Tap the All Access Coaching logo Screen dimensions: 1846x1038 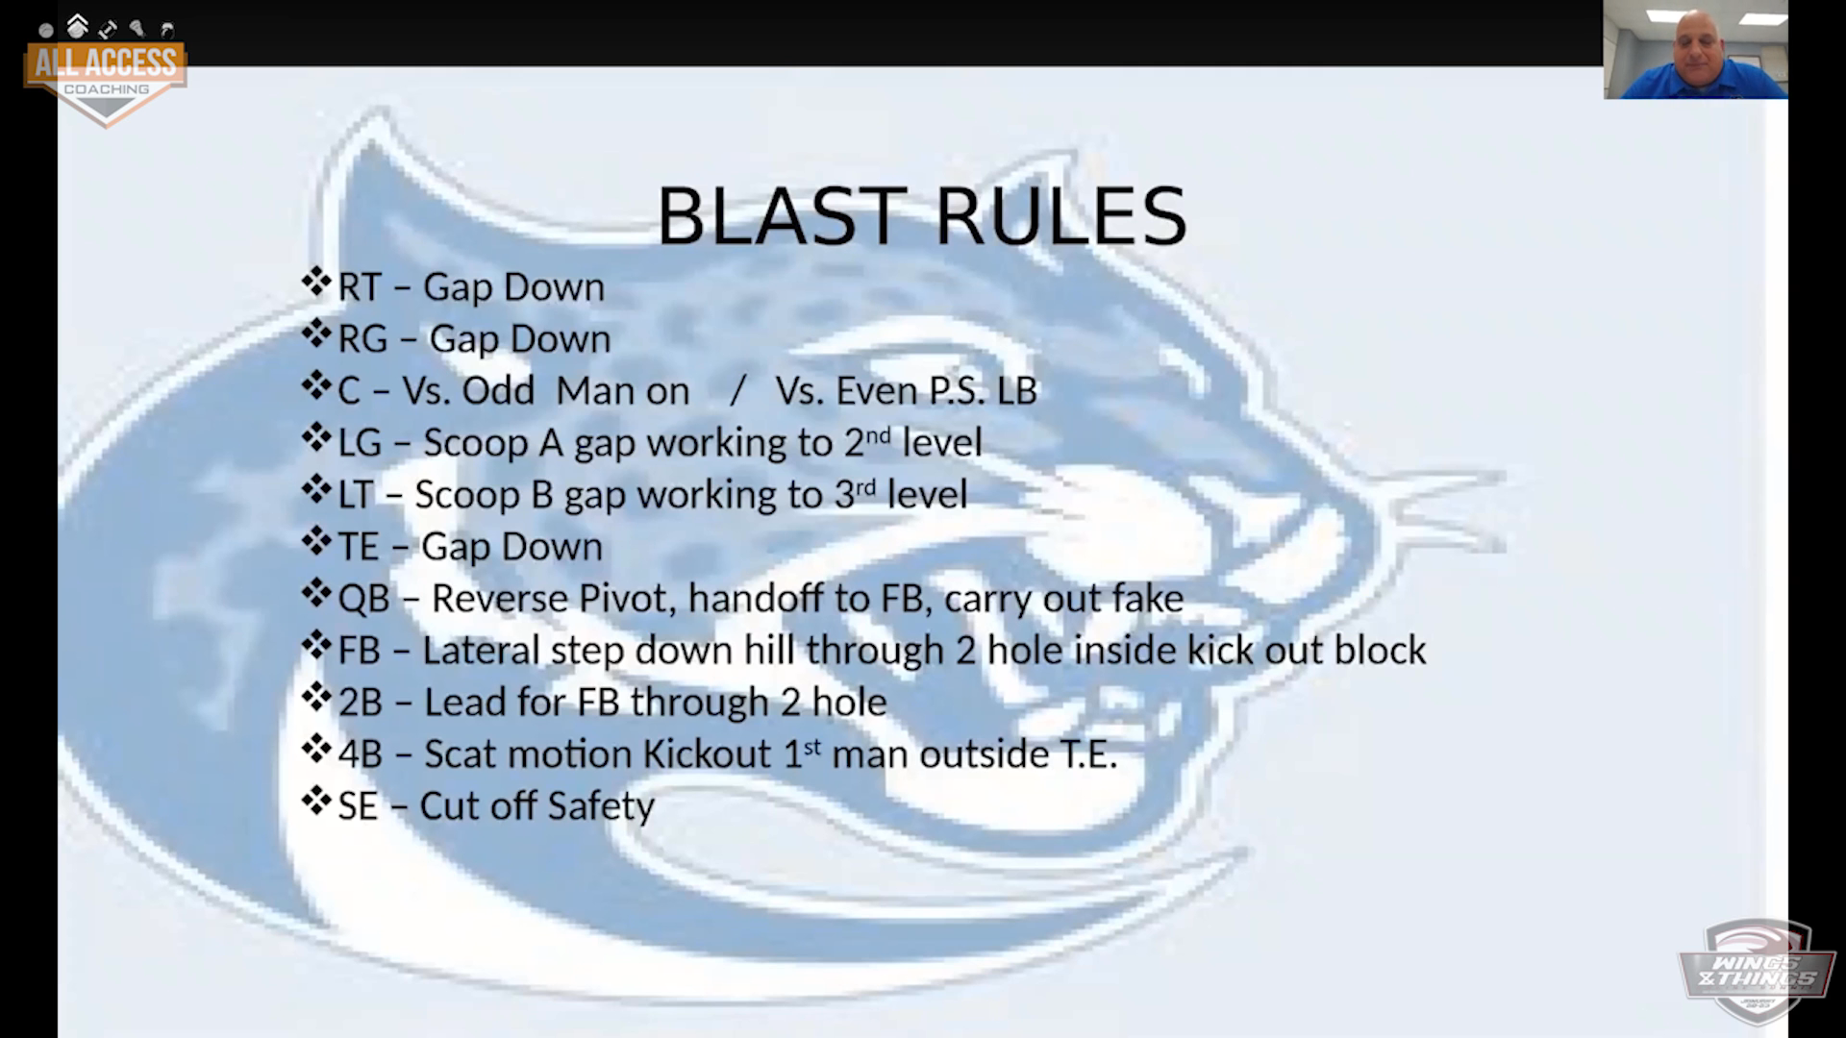(106, 71)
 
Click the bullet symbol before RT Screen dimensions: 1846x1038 (316, 284)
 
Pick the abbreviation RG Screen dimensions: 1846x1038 (362, 339)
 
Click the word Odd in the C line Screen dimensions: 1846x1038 (497, 391)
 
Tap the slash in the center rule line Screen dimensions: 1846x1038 (737, 391)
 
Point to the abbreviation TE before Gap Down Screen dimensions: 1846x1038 (359, 547)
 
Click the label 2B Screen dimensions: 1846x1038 (361, 703)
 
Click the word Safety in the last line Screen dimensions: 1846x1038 (599, 806)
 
